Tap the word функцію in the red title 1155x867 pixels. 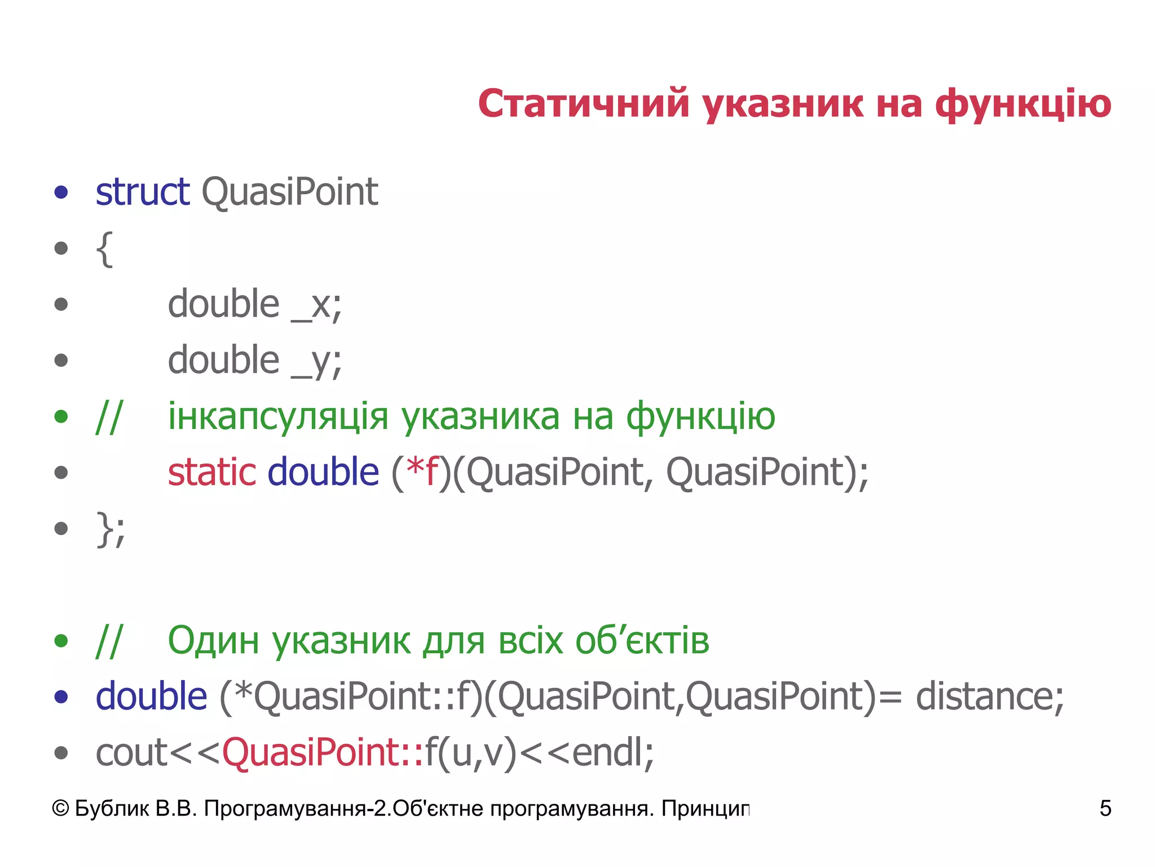1023,105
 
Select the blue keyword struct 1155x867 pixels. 142,192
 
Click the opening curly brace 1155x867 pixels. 104,248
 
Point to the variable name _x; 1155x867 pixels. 316,305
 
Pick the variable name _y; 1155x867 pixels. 316,361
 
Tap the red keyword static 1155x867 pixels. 212,472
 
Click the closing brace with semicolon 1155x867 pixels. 111,529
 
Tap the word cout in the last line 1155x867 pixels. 131,752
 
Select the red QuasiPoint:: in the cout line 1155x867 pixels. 323,752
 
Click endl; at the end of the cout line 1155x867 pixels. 612,752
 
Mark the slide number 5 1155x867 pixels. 1105,808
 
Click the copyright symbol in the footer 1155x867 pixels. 60,808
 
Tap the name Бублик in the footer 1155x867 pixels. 112,808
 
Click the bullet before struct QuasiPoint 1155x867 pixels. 61,192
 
